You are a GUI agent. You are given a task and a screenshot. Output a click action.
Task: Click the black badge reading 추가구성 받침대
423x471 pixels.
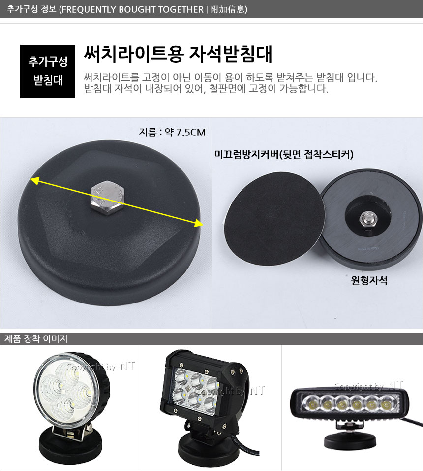[x=48, y=71]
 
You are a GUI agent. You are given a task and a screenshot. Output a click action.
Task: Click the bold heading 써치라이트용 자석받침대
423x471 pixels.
[x=178, y=54]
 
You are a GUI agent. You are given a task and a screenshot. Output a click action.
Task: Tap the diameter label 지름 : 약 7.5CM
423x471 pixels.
[x=172, y=132]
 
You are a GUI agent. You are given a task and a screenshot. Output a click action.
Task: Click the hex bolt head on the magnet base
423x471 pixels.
[x=107, y=198]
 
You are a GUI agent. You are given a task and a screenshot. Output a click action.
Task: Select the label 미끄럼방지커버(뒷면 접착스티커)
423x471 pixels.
[x=284, y=154]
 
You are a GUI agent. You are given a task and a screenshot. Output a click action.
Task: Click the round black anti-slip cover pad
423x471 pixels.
[x=274, y=219]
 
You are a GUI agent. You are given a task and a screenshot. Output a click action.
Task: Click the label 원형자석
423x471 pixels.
[x=369, y=280]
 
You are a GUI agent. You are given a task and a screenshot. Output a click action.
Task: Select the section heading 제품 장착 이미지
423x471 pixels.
[x=36, y=338]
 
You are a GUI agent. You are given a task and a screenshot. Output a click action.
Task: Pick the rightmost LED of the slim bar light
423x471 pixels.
[x=387, y=404]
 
